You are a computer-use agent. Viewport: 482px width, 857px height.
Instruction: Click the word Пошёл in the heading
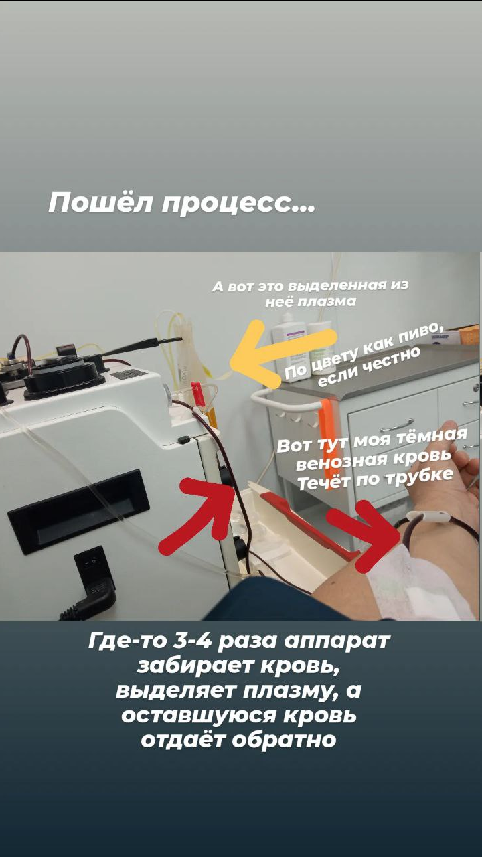pos(100,202)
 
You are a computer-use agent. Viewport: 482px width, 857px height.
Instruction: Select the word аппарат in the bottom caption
pos(337,642)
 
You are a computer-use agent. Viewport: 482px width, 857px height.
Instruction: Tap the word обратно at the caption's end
pos(285,741)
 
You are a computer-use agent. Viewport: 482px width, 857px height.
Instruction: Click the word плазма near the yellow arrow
pos(327,301)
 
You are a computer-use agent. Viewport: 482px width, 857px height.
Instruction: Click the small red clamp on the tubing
pos(197,392)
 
